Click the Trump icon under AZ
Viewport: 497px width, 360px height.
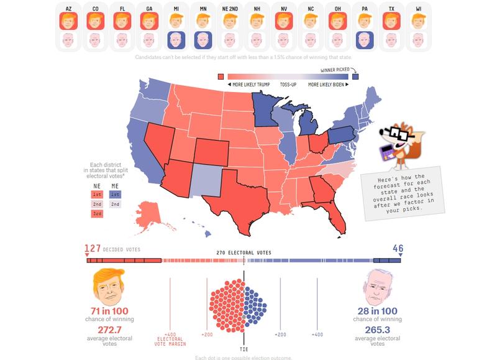point(68,21)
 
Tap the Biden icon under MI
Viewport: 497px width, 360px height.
point(176,41)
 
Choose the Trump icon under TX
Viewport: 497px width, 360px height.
point(392,21)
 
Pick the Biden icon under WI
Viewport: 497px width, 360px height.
point(419,41)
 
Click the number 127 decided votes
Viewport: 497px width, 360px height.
point(93,249)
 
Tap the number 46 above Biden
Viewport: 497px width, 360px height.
point(397,249)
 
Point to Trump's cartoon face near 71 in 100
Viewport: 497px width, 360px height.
point(109,285)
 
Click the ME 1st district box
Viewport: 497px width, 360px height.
point(116,194)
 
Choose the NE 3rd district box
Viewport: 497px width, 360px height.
point(96,213)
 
